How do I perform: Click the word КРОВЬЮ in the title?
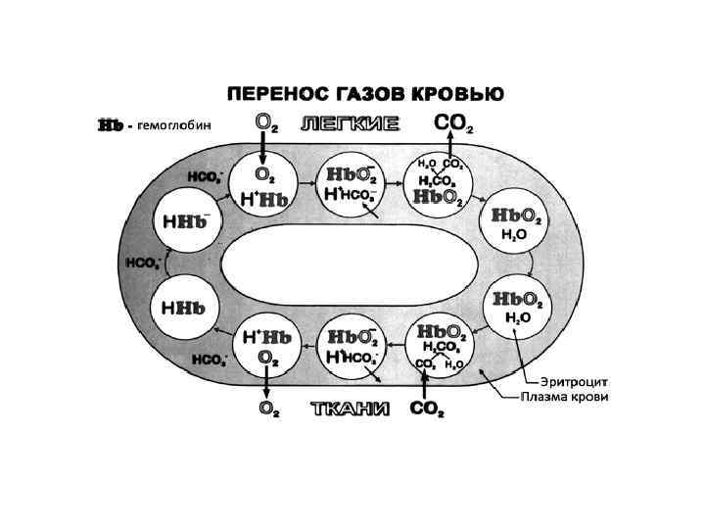453,94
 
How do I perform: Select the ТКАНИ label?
350,409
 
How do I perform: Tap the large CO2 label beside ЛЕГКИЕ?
453,125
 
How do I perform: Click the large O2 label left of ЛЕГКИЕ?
265,124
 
